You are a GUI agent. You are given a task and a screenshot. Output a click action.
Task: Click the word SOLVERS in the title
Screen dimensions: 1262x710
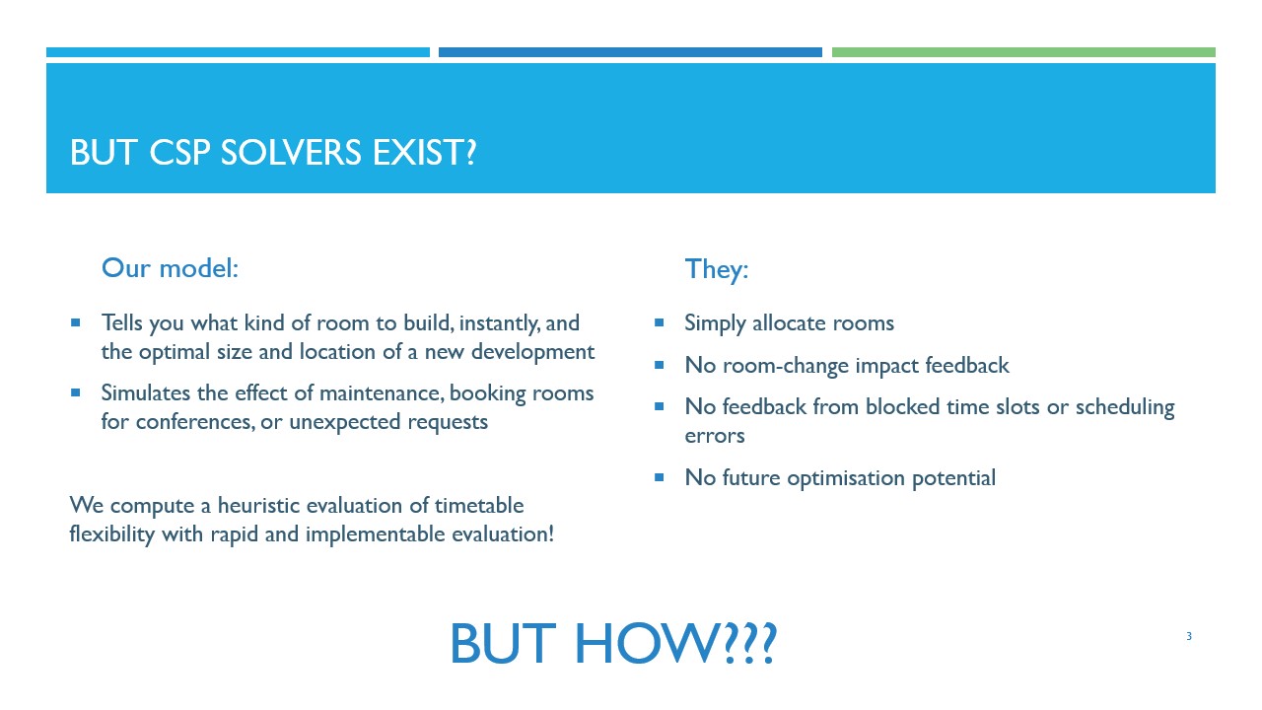tap(291, 152)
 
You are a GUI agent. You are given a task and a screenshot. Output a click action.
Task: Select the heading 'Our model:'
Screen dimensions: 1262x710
tap(171, 267)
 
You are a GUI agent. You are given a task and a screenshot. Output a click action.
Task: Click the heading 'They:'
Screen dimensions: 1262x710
tap(717, 269)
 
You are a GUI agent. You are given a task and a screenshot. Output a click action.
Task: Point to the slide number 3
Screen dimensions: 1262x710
tap(1189, 636)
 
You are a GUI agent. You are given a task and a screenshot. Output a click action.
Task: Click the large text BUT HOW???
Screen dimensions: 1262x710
tap(613, 644)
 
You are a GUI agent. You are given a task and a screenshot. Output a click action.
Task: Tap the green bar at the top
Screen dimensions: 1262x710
tap(1023, 52)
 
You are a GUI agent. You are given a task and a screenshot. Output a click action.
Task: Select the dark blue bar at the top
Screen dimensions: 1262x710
tap(630, 52)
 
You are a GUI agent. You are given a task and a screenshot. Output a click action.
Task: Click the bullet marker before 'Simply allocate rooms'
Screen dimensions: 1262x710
tap(660, 322)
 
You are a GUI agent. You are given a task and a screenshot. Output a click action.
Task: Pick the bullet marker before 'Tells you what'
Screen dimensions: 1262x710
tap(76, 322)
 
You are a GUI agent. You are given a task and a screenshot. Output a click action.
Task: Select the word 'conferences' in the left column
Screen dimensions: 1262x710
tap(194, 421)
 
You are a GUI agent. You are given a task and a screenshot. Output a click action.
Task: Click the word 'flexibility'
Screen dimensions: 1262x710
tap(112, 534)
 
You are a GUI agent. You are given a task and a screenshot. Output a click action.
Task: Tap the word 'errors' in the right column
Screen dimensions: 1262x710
tap(715, 436)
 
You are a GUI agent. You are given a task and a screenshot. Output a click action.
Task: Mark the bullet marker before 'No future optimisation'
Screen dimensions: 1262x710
tap(660, 478)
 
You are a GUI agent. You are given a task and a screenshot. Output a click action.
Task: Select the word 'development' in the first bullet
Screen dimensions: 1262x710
tap(533, 352)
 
